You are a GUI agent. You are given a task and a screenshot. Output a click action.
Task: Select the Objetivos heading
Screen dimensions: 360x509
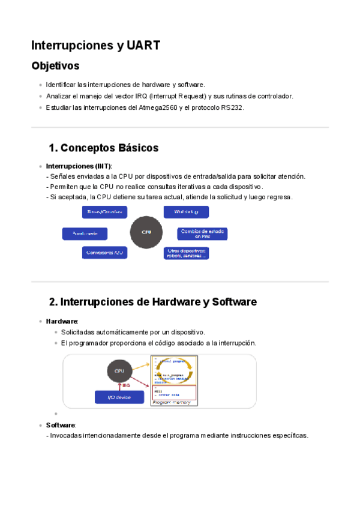(55, 65)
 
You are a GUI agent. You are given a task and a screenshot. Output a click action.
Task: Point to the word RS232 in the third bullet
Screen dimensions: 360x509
(232, 107)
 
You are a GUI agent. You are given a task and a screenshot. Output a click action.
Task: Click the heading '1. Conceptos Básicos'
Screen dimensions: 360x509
(104, 148)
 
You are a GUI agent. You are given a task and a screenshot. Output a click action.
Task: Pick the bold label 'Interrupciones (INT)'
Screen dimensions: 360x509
(79, 166)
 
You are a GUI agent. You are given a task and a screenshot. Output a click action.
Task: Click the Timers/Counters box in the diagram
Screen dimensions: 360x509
(104, 212)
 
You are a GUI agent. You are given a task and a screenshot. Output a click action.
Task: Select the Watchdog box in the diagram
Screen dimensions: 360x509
(186, 212)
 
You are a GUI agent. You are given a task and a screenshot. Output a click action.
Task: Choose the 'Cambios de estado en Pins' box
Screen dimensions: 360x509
(202, 233)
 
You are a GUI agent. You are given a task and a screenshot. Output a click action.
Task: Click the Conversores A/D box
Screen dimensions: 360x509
(104, 253)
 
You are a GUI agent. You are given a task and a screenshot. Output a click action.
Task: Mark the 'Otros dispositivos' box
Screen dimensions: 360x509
(186, 253)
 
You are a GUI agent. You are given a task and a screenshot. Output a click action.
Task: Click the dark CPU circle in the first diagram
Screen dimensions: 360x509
(146, 232)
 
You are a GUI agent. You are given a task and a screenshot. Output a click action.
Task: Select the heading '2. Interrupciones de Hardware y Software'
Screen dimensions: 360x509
(153, 302)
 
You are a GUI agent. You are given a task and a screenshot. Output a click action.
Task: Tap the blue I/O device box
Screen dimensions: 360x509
(119, 397)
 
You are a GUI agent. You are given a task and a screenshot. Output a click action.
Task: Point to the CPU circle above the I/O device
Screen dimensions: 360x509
(119, 371)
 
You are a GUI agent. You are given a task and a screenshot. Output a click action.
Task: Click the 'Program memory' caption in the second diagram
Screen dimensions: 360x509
(172, 402)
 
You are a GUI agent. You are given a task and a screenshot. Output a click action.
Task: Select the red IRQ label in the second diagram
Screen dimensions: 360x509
(127, 385)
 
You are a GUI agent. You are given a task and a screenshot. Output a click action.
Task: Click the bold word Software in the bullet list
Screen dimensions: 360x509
(61, 425)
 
